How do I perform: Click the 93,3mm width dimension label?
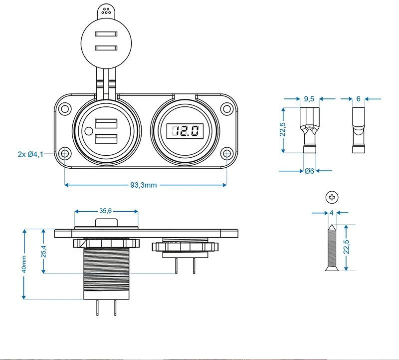[x=144, y=185]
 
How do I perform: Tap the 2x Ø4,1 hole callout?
[x=30, y=154]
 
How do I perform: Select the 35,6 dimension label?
[x=105, y=211]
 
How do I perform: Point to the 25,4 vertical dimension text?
[x=43, y=251]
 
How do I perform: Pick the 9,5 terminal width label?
[x=309, y=99]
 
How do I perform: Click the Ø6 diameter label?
[x=309, y=171]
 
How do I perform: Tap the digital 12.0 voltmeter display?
[x=184, y=131]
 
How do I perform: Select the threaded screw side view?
[x=331, y=247]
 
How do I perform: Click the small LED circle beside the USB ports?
[x=88, y=132]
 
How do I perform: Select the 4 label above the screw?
[x=331, y=212]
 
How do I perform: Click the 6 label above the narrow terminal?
[x=358, y=99]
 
